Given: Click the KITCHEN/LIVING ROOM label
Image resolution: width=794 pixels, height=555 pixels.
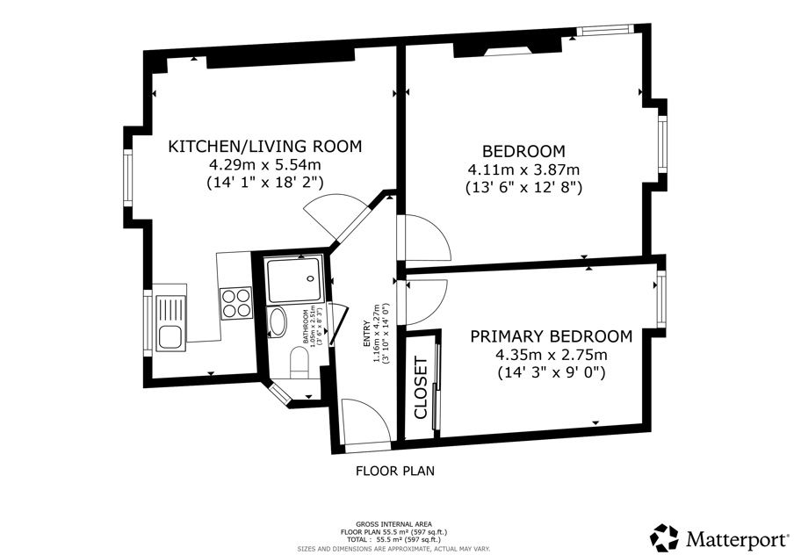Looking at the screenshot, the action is click(x=265, y=147).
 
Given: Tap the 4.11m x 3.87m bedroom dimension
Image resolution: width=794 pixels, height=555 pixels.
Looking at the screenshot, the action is click(x=523, y=169).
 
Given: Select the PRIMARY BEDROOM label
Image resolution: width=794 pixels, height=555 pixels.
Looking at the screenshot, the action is click(x=552, y=336).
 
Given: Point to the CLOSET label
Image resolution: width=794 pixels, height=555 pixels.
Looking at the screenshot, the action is click(x=422, y=388).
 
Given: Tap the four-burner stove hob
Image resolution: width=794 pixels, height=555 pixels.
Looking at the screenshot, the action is click(x=236, y=303).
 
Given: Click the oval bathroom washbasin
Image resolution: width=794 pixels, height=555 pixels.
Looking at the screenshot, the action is click(x=278, y=322).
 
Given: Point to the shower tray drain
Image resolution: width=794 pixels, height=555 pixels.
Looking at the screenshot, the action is click(x=310, y=278).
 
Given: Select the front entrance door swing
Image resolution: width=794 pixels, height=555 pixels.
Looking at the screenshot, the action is click(x=366, y=422).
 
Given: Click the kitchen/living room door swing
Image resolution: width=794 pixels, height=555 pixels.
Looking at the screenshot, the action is click(x=336, y=216).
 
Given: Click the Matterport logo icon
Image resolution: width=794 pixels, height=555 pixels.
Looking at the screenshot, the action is click(x=664, y=537).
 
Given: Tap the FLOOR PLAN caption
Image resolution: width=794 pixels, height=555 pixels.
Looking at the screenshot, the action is click(x=395, y=471).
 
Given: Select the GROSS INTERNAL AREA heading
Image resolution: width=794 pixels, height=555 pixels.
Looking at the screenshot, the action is click(x=394, y=524).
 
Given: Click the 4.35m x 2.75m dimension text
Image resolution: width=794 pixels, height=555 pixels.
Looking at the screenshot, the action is click(x=552, y=355).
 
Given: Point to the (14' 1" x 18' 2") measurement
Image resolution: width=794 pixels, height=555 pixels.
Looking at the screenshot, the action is click(x=265, y=182).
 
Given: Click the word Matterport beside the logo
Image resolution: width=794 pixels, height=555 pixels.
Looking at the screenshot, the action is click(x=736, y=539).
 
